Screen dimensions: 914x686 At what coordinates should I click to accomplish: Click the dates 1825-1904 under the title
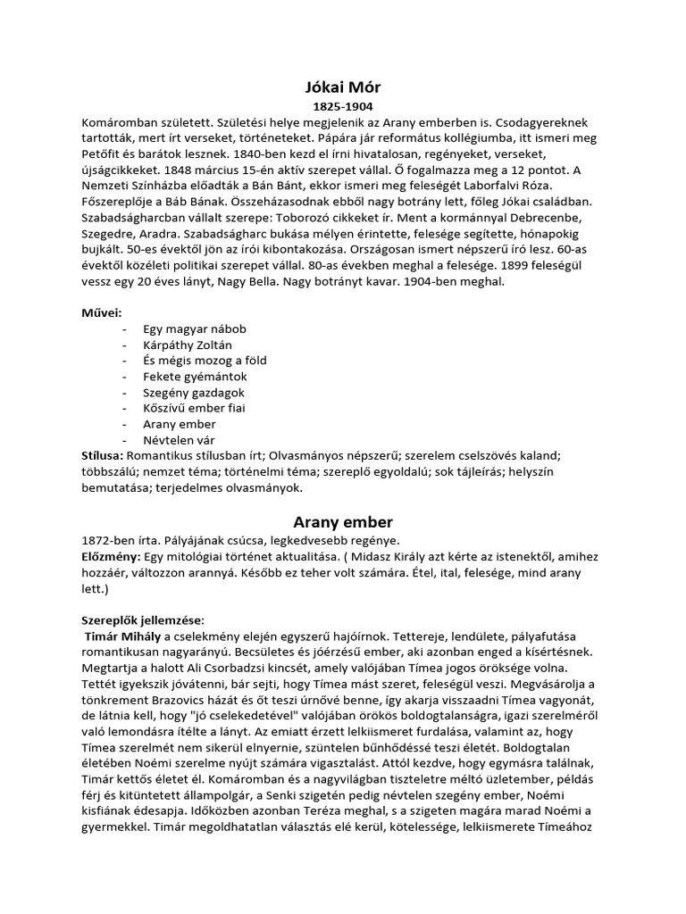342,105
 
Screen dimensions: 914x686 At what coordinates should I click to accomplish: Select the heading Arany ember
342,521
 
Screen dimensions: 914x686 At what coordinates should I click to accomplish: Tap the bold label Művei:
102,312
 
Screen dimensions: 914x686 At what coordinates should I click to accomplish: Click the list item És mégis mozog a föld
205,361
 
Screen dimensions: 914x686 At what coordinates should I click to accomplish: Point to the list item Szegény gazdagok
193,393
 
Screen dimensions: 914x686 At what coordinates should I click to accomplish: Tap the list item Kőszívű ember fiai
194,409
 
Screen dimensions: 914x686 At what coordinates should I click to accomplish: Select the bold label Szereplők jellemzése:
143,620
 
